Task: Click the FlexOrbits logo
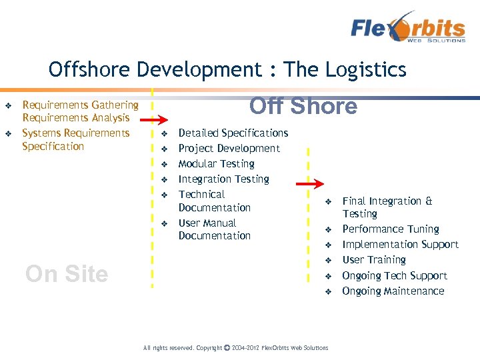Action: point(408,28)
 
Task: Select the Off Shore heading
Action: point(303,107)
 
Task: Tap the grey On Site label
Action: point(66,274)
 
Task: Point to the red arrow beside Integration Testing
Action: point(309,185)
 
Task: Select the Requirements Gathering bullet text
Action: point(80,105)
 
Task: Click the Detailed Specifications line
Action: point(233,133)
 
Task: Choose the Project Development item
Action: point(229,149)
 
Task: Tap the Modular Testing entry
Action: point(216,164)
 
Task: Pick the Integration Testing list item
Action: point(223,179)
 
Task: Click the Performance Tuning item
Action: point(390,229)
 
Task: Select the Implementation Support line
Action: point(400,245)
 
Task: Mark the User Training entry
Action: point(373,260)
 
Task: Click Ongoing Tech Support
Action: point(395,276)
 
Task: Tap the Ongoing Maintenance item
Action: point(393,291)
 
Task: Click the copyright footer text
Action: point(236,348)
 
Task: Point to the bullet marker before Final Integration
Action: point(328,201)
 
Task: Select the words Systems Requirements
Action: point(75,133)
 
